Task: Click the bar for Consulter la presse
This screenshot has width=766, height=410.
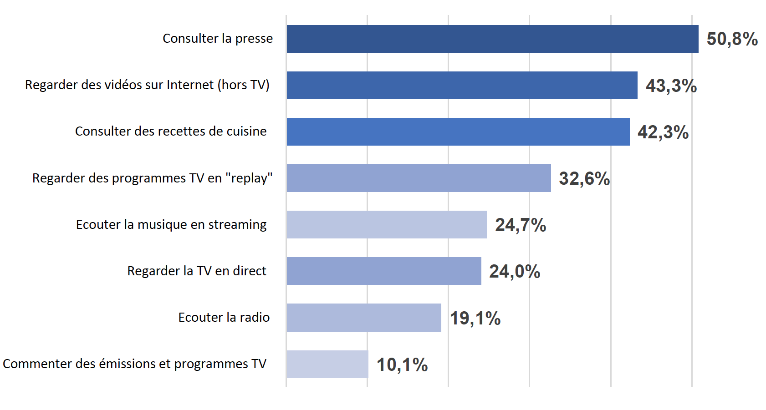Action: coord(492,39)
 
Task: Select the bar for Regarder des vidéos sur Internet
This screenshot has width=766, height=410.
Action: coord(462,86)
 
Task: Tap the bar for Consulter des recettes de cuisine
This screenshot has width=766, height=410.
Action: coord(458,132)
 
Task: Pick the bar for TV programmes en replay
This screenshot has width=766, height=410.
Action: coord(419,178)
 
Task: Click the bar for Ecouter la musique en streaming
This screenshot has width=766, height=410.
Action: coord(386,225)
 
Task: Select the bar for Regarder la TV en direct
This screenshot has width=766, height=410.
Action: coord(383,271)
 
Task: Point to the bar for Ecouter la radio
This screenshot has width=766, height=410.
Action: coord(363,318)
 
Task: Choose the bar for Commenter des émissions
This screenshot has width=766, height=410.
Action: coord(327,364)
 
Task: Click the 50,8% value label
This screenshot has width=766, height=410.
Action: coord(732,39)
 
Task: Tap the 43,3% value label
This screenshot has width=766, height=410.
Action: coord(671,86)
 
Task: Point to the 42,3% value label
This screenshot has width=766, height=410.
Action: coord(663,132)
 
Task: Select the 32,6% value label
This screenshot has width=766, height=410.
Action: coord(584,179)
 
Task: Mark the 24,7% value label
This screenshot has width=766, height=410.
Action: coord(520,225)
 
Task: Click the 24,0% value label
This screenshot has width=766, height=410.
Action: coord(514,272)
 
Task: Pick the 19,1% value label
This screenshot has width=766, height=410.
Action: coord(475,319)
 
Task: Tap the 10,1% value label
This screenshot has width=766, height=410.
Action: coord(402,365)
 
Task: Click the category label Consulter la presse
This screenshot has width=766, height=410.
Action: coord(218,39)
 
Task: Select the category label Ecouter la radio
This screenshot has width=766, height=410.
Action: coord(224,318)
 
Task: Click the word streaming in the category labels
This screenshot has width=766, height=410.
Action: coord(237,225)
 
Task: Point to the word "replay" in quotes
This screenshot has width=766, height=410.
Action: coord(249,178)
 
